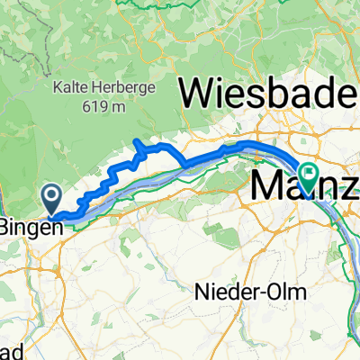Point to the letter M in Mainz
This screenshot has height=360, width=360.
(266, 185)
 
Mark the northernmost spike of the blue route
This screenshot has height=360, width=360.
(137, 141)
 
